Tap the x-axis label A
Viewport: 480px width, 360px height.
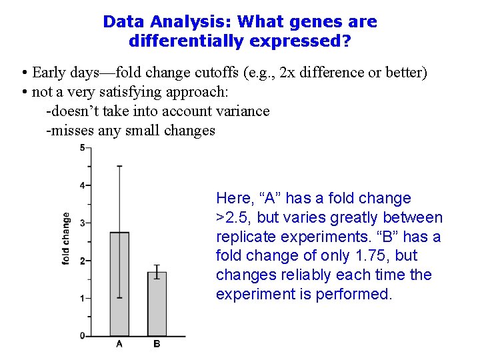[x=119, y=344]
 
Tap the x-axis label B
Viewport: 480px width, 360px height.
[x=157, y=344]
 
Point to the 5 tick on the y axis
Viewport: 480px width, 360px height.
[x=82, y=147]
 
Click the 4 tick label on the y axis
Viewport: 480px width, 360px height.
[x=82, y=185]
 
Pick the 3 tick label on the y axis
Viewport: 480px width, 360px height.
[x=82, y=223]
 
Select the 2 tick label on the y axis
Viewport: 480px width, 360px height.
[x=82, y=261]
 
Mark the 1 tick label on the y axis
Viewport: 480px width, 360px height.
[x=82, y=298]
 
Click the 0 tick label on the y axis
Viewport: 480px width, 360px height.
[x=82, y=336]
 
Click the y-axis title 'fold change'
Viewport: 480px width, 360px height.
[x=66, y=239]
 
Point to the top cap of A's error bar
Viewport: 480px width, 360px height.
[x=119, y=166]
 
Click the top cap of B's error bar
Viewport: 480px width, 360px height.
[x=157, y=265]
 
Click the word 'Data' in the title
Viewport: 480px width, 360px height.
[x=122, y=21]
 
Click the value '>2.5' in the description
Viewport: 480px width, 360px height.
[x=231, y=217]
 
